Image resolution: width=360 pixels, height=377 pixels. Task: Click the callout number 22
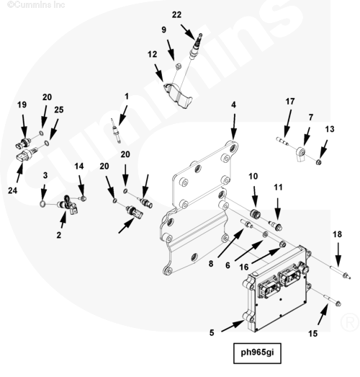176,15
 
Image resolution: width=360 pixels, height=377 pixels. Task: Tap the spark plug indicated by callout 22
196,46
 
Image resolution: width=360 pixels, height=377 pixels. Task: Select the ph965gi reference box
257,353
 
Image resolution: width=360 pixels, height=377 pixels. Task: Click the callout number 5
212,333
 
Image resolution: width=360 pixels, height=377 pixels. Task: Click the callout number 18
337,234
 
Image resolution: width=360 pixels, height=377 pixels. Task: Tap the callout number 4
233,105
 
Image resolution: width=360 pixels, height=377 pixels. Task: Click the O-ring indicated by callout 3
42,204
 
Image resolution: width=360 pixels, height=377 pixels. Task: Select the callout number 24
13,190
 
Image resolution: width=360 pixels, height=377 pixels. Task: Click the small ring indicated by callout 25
47,143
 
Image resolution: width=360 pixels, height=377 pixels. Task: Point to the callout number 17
290,102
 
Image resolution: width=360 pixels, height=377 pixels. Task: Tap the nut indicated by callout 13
319,162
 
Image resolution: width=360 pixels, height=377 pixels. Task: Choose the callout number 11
278,187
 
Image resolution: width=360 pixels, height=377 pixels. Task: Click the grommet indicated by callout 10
255,214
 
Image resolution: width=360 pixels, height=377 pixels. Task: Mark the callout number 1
127,97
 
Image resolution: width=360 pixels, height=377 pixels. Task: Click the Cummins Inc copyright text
36,4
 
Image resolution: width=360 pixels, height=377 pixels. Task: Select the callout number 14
79,166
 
